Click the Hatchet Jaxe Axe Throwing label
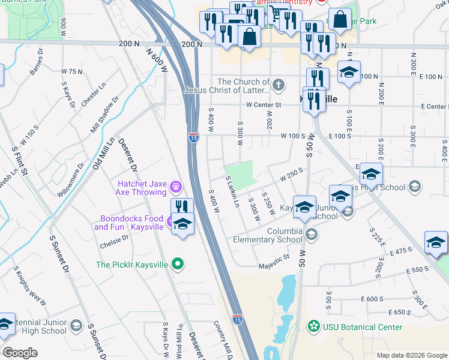[141, 187]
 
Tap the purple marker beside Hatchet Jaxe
[175, 187]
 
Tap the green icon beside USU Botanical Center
[313, 326]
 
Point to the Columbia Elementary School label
[268, 235]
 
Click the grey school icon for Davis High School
[414, 187]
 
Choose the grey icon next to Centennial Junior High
[76, 326]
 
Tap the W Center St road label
[263, 105]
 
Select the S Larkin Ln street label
[232, 192]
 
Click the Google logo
[20, 353]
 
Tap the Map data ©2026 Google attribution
[411, 355]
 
